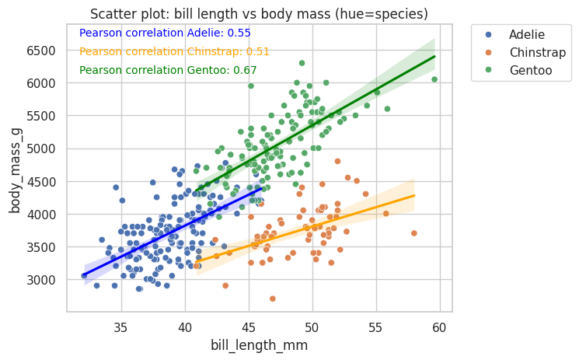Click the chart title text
[259, 14]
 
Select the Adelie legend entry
[526, 35]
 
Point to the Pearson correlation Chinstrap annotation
[174, 51]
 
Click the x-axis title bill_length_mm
[259, 344]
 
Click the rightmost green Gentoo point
[434, 79]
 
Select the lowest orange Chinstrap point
[272, 299]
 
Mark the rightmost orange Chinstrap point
[413, 233]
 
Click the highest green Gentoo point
[302, 63]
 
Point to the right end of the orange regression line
[414, 196]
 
